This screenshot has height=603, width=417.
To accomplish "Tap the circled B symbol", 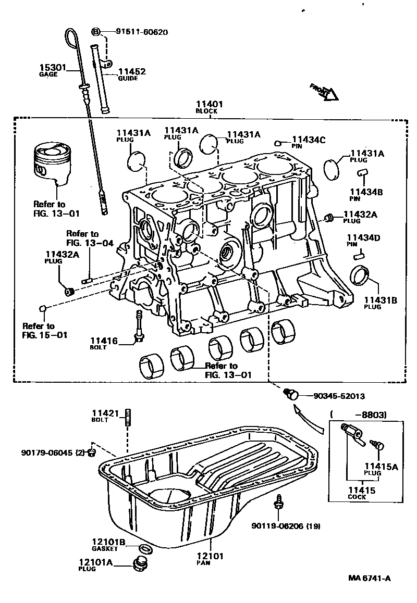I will coord(96,32).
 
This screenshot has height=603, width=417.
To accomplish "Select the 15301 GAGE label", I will coord(52,70).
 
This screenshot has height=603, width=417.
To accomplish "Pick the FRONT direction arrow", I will coord(324,92).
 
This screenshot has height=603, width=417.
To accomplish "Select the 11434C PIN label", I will coord(308,142).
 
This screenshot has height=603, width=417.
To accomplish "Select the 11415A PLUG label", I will coord(381,469).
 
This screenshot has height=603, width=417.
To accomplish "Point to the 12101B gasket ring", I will coord(145,548).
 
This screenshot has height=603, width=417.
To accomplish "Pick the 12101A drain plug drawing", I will coord(139,564).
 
